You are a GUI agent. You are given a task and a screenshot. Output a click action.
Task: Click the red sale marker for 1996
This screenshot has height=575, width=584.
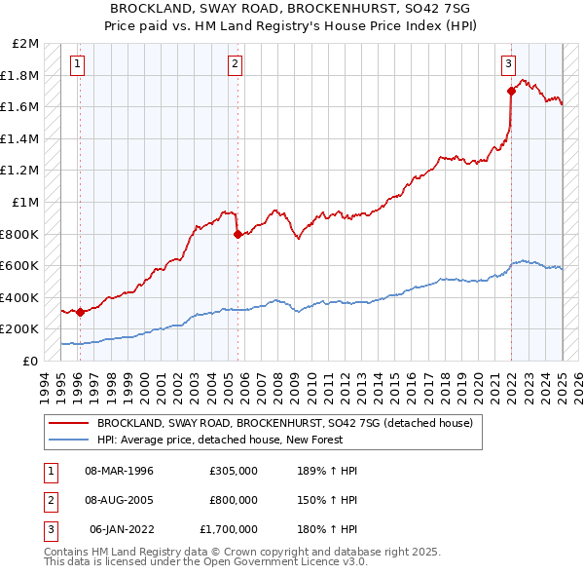pyautogui.click(x=80, y=313)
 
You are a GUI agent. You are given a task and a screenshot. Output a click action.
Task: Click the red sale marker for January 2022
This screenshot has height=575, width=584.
pyautogui.click(x=511, y=92)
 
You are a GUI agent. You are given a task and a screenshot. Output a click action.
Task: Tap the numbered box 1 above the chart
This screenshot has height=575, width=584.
pyautogui.click(x=77, y=65)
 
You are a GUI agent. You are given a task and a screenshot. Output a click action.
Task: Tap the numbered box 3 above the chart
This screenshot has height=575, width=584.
pyautogui.click(x=508, y=65)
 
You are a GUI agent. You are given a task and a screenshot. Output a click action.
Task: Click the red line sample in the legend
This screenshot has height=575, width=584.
pyautogui.click(x=69, y=423)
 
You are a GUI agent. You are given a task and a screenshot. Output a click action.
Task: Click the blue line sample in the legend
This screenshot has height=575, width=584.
pyautogui.click(x=69, y=440)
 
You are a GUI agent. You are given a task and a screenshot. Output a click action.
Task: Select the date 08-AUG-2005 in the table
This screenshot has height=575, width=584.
pyautogui.click(x=118, y=500)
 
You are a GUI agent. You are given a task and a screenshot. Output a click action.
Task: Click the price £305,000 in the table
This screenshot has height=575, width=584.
pyautogui.click(x=234, y=471)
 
